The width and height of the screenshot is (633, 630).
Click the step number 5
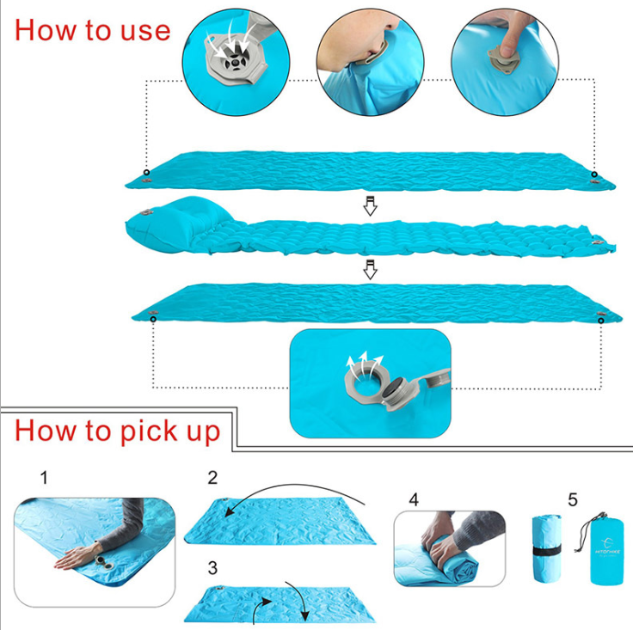pyautogui.click(x=572, y=498)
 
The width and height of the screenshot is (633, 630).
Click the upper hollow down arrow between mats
pyautogui.click(x=370, y=205)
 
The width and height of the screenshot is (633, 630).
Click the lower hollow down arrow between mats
pyautogui.click(x=370, y=270)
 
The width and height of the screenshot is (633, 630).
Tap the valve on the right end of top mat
pyautogui.click(x=594, y=175)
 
